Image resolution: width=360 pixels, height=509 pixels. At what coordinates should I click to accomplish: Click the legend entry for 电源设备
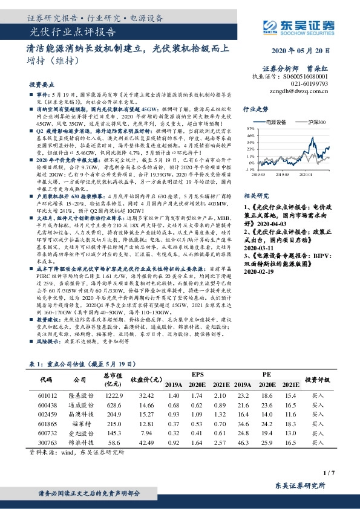278,122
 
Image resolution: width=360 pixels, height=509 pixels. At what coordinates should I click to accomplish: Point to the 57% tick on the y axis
250,129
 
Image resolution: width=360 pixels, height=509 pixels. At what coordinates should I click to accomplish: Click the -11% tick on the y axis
249,170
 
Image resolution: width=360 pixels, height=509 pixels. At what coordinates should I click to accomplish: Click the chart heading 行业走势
255,110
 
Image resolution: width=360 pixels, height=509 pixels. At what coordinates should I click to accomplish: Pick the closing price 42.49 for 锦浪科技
145,444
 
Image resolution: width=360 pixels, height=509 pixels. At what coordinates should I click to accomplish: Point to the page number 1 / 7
329,472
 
